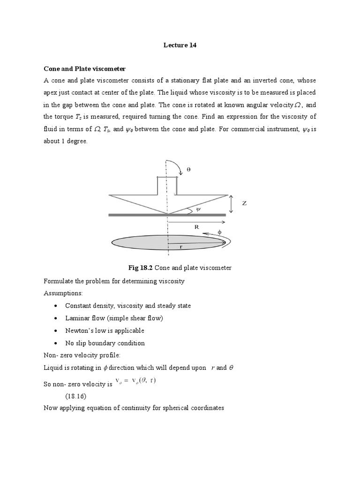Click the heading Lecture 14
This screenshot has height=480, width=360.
coord(180,45)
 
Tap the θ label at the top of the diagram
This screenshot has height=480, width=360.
coord(189,169)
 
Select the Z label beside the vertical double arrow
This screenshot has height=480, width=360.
coord(244,203)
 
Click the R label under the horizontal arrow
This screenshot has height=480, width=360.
coord(196,226)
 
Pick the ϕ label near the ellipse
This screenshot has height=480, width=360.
coord(218,231)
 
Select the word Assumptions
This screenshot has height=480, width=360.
coord(63,293)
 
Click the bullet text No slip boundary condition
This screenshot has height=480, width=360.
coord(105,343)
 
